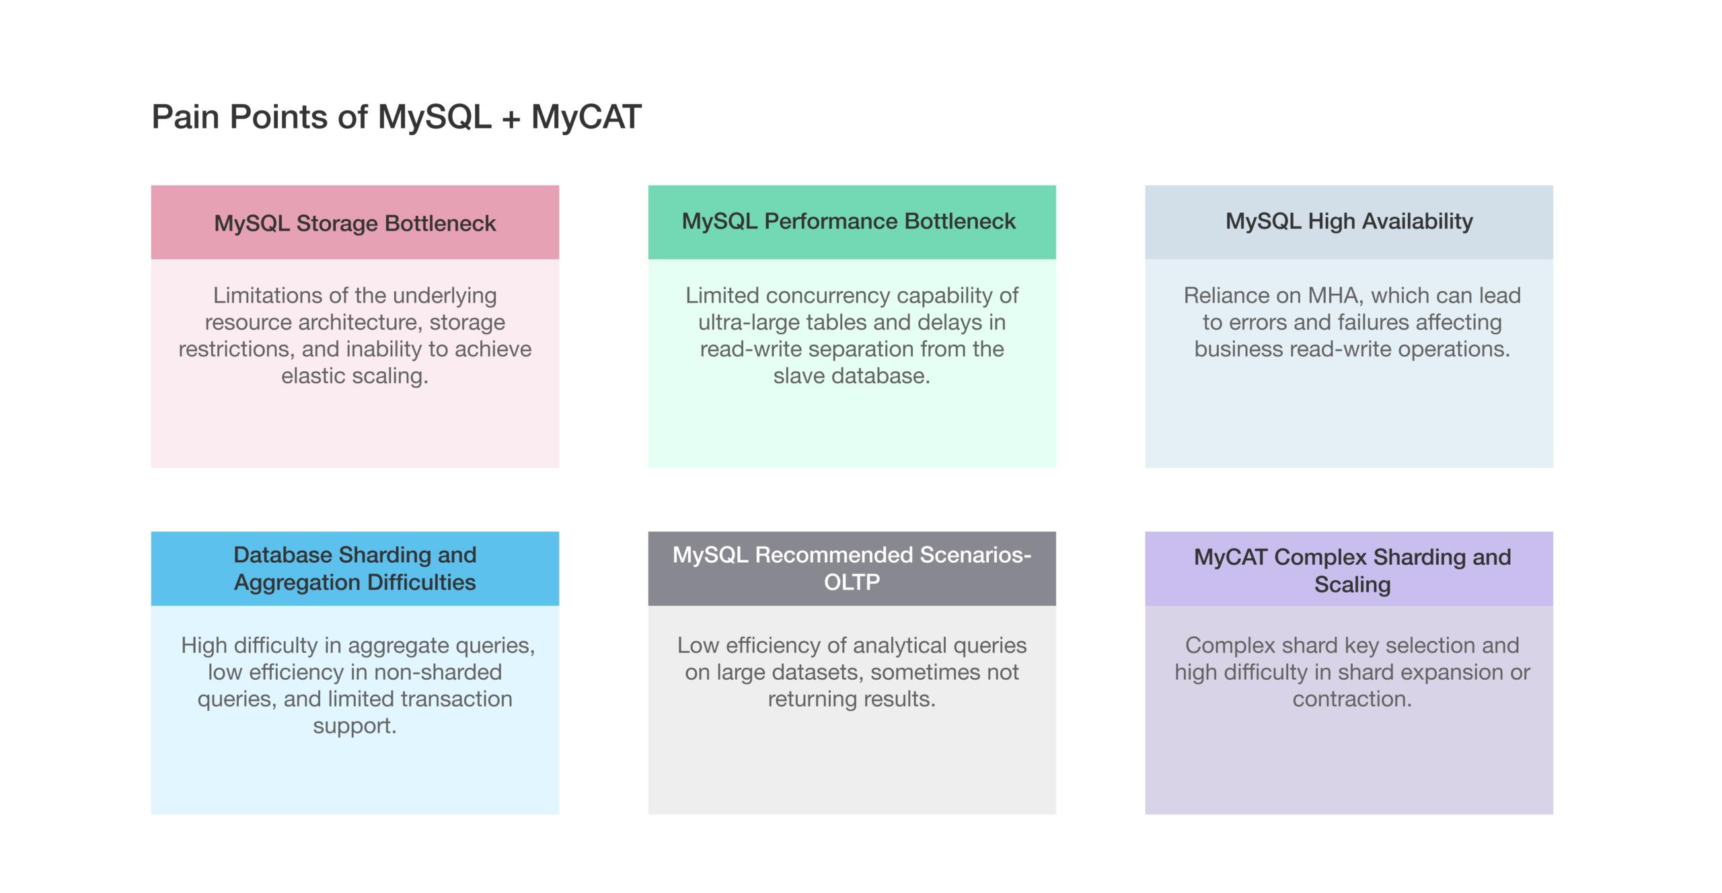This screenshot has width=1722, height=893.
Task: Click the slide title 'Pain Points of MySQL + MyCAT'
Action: [x=396, y=117]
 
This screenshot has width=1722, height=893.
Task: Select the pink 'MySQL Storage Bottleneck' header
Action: [x=355, y=223]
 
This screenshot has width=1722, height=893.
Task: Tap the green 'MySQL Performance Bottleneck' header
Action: [x=852, y=223]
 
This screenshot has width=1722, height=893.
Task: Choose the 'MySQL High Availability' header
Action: [x=1349, y=223]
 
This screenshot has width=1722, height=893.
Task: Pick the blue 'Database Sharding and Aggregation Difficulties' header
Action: [x=355, y=569]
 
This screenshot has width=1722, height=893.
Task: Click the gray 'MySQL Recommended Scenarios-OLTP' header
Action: [x=852, y=569]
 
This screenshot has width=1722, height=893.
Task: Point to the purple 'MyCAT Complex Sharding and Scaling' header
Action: [x=1349, y=569]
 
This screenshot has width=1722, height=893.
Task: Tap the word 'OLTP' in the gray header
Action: [x=852, y=582]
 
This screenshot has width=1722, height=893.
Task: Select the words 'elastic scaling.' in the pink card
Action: [x=355, y=376]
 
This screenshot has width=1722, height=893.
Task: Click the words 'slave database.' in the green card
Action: [x=852, y=376]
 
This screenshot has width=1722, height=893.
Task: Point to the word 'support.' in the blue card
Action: [x=355, y=726]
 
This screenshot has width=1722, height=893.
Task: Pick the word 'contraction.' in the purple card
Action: [x=1352, y=699]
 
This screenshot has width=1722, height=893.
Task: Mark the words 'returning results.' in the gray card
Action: [x=852, y=699]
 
